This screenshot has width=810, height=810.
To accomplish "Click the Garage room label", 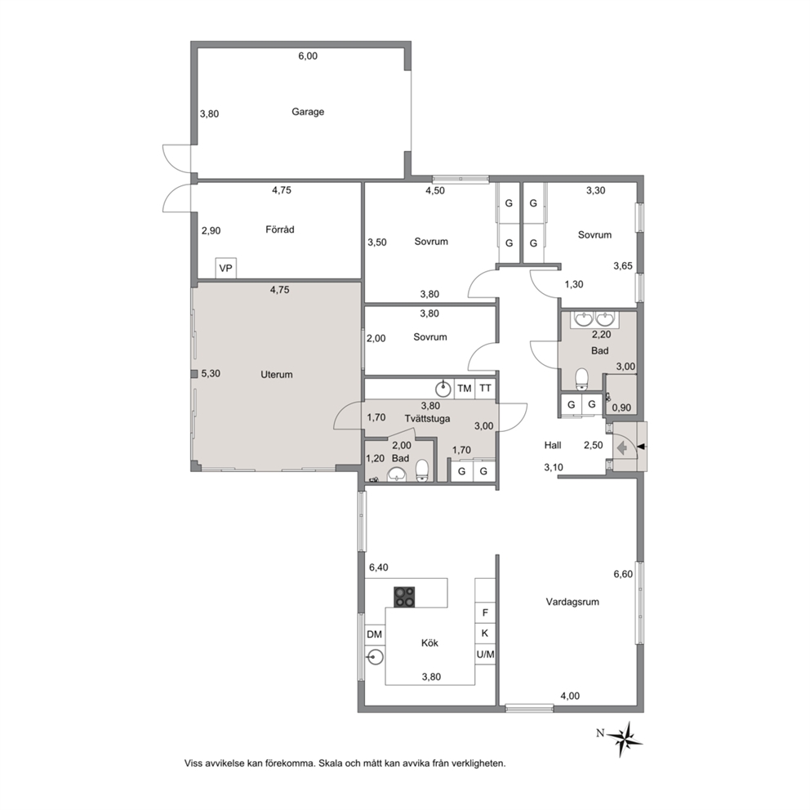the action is click(x=308, y=112).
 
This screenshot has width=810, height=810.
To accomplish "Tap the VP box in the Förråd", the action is click(x=225, y=268).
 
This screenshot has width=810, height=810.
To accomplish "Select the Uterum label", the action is click(x=277, y=375).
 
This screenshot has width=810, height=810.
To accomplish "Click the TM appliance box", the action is click(x=465, y=389).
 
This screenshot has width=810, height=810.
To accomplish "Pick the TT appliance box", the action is click(x=485, y=389).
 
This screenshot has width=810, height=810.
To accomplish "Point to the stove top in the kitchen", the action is click(x=404, y=597).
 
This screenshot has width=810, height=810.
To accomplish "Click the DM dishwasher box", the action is click(x=375, y=634).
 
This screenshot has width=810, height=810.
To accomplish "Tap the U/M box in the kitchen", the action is click(x=485, y=655).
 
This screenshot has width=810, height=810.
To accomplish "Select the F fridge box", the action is click(x=485, y=613).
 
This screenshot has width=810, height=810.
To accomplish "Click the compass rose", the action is click(x=626, y=738).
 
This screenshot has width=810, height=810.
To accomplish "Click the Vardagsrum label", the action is click(x=572, y=602).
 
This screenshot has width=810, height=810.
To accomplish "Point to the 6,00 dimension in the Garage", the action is click(x=308, y=56).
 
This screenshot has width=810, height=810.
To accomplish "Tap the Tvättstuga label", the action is click(x=427, y=418).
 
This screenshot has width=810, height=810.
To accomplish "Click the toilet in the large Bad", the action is click(x=582, y=378).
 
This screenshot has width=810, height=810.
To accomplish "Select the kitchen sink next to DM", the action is click(x=375, y=657).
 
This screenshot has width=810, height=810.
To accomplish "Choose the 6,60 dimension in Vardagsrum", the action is click(x=623, y=574).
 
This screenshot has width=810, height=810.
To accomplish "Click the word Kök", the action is click(x=429, y=643).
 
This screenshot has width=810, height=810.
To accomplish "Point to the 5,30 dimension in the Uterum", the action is click(x=211, y=373).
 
